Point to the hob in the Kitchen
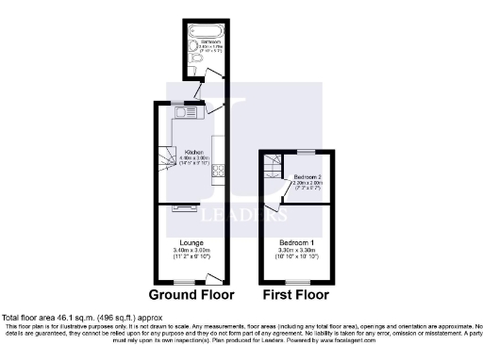point(217,171)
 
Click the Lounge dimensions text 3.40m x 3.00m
point(189,250)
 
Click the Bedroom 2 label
point(307,177)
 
